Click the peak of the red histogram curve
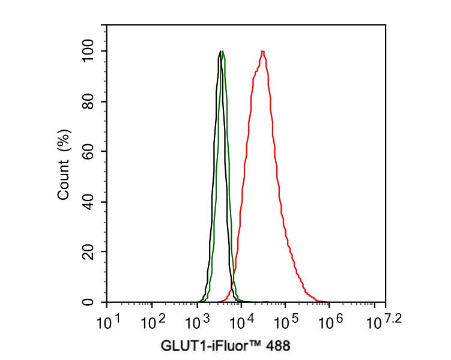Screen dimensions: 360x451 [262, 52]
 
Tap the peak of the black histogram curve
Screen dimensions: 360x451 [220, 52]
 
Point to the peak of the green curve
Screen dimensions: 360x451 [223, 52]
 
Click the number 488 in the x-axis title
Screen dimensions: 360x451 [277, 346]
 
